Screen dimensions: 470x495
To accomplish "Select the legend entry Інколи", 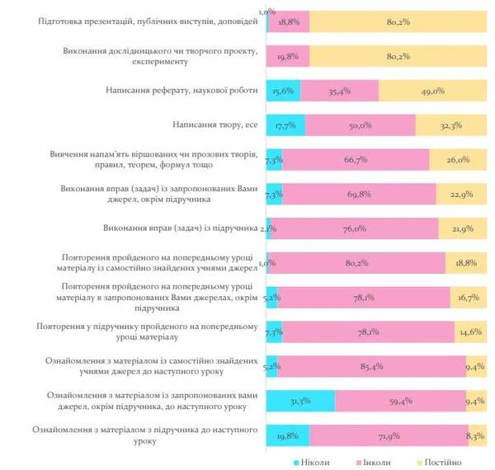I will click(x=375, y=463).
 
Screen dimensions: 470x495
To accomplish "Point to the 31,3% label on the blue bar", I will click(x=299, y=402).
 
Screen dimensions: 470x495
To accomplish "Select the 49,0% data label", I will click(x=431, y=91).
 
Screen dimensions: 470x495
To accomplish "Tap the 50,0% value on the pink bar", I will click(x=361, y=125).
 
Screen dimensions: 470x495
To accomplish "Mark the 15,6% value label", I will click(x=282, y=91).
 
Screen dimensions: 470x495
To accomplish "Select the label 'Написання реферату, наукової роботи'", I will click(x=182, y=91).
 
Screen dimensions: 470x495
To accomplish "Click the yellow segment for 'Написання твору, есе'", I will click(x=450, y=125).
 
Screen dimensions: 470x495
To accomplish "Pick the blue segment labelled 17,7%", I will click(x=285, y=125).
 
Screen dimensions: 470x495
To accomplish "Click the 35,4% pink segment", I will click(x=340, y=91).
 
